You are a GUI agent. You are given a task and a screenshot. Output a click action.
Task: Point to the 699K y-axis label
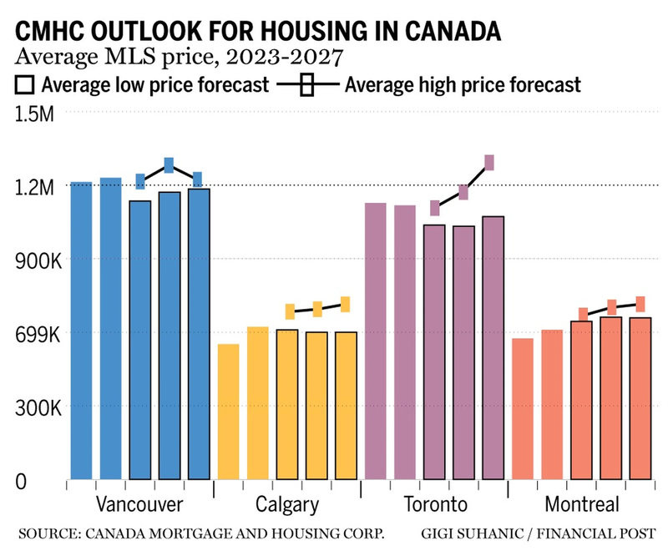coord(33,335)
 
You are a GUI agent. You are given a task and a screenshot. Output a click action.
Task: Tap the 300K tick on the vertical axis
coord(33,409)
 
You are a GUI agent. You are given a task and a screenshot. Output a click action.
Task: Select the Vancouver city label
coord(139,504)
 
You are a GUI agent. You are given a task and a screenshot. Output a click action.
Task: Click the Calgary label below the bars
coord(287,504)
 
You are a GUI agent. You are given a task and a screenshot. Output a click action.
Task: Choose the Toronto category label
coord(435,504)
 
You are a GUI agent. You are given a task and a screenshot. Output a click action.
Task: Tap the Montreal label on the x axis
coord(582,504)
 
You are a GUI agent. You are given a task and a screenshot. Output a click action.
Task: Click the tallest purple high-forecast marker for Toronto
coord(489,163)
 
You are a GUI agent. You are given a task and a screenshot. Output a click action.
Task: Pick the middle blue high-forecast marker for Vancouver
coord(169,165)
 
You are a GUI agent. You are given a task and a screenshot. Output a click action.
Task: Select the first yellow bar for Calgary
coord(228,412)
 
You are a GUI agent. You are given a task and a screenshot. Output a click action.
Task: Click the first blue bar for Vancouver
coord(81,330)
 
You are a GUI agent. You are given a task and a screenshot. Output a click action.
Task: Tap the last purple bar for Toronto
coord(493,347)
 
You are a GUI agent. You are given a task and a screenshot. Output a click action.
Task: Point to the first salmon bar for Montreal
coord(523,408)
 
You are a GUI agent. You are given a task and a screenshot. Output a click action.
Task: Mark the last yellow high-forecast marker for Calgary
coord(345,304)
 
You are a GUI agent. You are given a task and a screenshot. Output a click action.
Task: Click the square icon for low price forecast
coord(25,85)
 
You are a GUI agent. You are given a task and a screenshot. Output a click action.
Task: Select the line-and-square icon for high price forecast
coord(306,85)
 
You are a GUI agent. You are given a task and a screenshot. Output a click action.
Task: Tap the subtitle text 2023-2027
coord(285,58)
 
